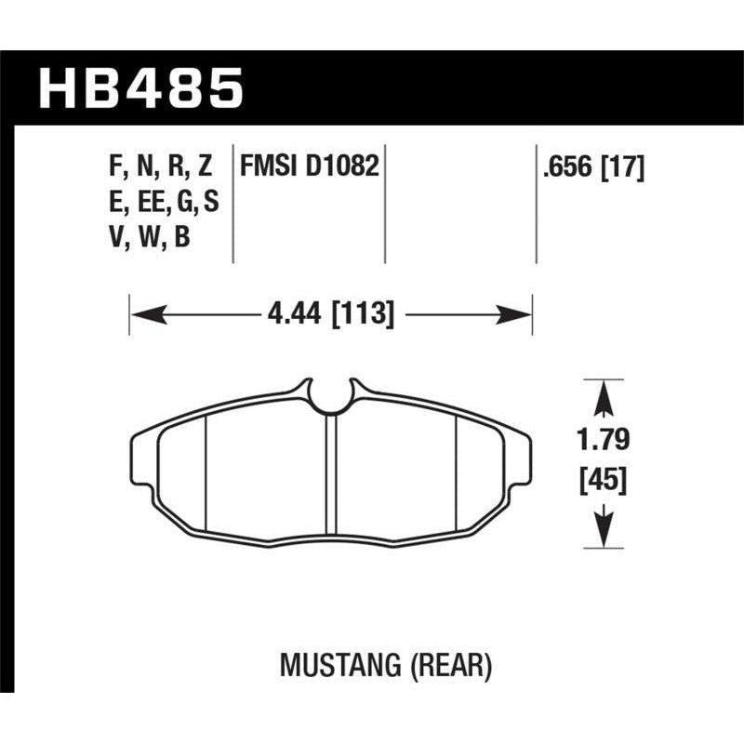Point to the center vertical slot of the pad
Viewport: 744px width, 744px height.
click(x=330, y=474)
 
